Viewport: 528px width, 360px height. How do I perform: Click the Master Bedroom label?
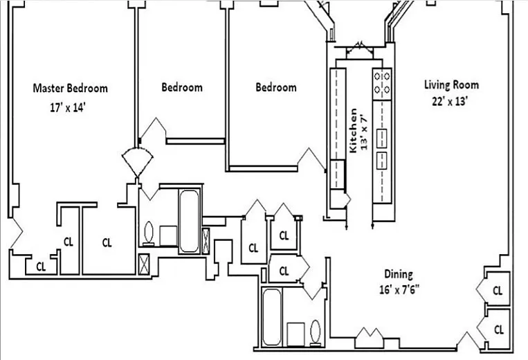coord(71,88)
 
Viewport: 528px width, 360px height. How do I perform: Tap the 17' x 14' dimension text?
coord(67,108)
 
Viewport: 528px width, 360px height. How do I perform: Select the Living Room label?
coord(451,84)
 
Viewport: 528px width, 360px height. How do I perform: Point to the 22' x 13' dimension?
coord(450,101)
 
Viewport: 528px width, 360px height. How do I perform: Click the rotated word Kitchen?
coord(353,131)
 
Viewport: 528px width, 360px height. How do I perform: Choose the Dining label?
coord(399,273)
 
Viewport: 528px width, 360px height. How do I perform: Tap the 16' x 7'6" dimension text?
coord(399,289)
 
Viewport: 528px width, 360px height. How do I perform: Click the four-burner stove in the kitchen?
coord(382,84)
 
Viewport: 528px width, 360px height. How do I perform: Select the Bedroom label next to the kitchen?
coord(276,87)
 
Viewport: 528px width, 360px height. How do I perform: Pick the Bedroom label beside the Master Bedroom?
coord(182,87)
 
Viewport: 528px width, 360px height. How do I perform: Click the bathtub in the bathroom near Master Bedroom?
coord(189,222)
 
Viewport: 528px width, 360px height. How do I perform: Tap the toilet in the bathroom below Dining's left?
coord(316,333)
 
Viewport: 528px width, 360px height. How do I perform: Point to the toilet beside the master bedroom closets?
coord(149,233)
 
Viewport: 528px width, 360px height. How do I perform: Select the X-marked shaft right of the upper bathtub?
coord(206,240)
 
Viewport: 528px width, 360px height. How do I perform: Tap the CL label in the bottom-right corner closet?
coord(498,330)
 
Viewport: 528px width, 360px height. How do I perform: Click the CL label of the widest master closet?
coord(107,242)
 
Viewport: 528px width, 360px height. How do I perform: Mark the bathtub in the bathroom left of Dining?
coord(271,317)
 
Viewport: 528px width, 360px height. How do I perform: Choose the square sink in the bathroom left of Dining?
coord(295,334)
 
